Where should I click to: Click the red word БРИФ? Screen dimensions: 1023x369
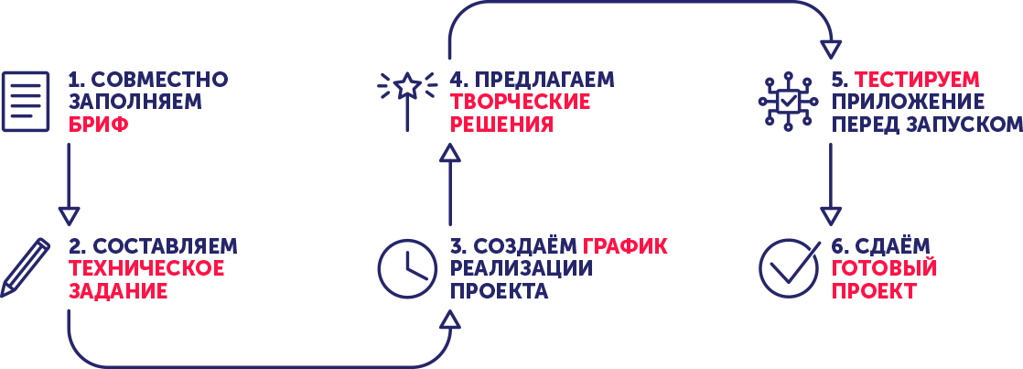point(98,125)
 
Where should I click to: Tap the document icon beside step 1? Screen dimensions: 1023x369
point(26,102)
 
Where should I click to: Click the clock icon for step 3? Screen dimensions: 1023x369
point(407,268)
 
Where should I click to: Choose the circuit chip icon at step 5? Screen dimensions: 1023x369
point(788,102)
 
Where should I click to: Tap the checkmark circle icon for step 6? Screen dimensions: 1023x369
point(789,268)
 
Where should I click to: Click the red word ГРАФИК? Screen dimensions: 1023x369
point(625,247)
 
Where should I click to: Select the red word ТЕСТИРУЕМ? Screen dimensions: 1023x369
point(917,80)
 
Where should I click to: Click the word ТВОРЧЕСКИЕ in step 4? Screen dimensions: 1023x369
point(520,102)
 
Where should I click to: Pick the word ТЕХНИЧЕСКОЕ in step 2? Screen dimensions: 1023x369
point(146,268)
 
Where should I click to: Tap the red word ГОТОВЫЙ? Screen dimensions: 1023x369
point(884,268)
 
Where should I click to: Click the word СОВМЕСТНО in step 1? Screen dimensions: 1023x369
point(160,80)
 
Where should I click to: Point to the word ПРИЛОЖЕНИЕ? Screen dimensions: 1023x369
point(908,102)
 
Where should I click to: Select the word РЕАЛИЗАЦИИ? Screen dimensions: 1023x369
point(522,268)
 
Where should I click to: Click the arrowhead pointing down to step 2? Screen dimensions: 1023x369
point(69,216)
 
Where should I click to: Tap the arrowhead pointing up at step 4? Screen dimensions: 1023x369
point(449,152)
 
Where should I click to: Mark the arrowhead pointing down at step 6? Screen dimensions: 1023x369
point(831,216)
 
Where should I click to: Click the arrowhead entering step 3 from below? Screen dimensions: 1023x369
point(449,320)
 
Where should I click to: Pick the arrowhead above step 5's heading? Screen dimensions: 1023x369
point(831,49)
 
